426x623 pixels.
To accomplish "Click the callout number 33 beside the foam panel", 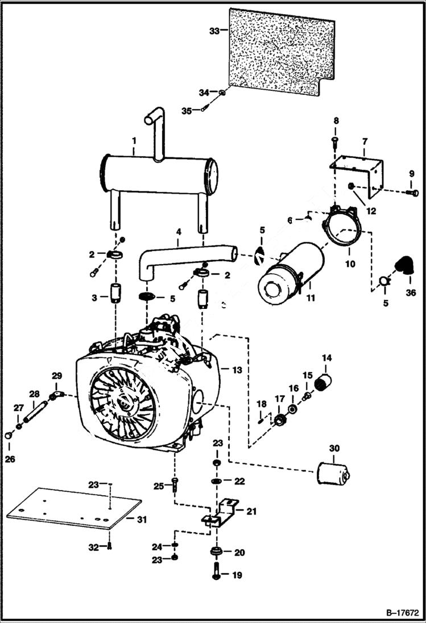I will (214, 31).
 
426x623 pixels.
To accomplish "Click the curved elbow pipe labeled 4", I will (182, 255).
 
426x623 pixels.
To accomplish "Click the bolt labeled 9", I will (413, 193).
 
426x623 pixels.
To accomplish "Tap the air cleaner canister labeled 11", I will (290, 273).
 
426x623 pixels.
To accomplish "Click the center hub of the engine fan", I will (123, 404).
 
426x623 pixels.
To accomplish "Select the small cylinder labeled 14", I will (325, 382).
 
